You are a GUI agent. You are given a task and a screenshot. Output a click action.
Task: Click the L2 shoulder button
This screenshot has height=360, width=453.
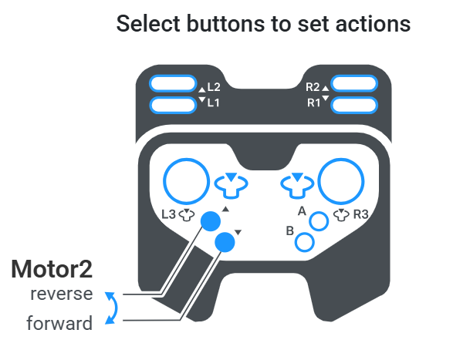tap(173, 84)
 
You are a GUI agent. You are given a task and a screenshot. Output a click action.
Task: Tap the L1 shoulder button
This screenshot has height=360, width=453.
tap(173, 105)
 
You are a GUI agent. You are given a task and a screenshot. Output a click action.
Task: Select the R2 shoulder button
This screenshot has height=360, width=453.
tap(354, 84)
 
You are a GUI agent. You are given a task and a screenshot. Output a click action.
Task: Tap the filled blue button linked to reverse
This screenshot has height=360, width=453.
tap(211, 221)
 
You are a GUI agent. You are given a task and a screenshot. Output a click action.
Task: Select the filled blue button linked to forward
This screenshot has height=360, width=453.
tap(225, 242)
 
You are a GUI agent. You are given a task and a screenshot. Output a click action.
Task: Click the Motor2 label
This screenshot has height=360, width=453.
tap(52, 269)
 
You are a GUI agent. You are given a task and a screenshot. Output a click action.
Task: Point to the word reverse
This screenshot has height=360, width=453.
tap(62, 294)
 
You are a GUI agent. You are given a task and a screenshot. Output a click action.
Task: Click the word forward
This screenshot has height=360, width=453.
tap(59, 323)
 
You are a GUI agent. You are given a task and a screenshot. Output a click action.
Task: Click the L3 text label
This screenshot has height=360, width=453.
tap(168, 214)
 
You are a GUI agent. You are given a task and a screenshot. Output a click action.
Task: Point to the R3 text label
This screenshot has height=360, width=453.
tap(361, 214)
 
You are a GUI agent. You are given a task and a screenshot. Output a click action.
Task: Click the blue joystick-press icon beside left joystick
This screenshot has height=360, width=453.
tap(231, 186)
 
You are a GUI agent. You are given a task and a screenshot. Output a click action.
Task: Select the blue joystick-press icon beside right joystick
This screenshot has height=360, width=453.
tap(297, 186)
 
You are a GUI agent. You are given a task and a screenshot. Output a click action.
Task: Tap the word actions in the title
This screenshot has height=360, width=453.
tap(373, 24)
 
